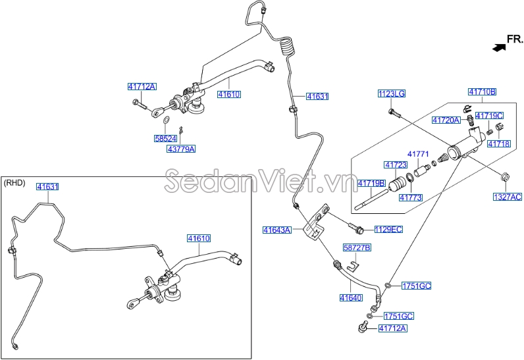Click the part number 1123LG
tap(392, 94)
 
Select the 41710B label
tap(482, 91)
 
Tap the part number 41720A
tap(446, 120)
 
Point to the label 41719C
tap(489, 115)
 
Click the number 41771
tap(418, 154)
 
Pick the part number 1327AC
tap(507, 197)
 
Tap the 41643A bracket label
tap(276, 230)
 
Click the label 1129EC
tap(388, 229)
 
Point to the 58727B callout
tap(357, 247)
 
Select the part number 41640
tap(351, 297)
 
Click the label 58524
tap(166, 139)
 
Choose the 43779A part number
tap(180, 149)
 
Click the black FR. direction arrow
tap(498, 46)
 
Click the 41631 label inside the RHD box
tap(47, 187)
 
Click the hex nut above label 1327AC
tap(504, 176)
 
